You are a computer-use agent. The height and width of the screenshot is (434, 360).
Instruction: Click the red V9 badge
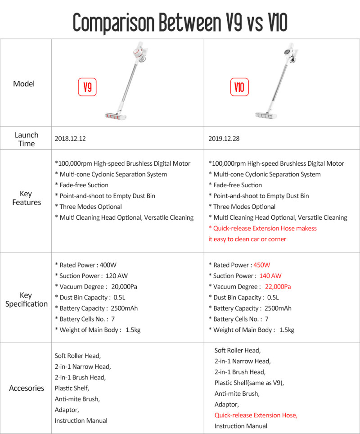tap(88, 87)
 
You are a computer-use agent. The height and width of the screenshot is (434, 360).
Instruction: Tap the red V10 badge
tap(239, 87)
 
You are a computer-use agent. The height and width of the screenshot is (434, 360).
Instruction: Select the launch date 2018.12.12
tap(70, 139)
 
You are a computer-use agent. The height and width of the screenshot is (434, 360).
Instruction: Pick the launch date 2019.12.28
tap(224, 139)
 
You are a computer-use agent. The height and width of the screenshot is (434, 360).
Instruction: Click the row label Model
tap(24, 84)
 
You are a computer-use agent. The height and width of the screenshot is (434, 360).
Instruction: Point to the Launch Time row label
tap(27, 139)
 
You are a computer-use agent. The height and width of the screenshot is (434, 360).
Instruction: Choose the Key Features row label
tap(27, 198)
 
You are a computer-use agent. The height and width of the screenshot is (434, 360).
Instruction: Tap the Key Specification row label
tap(27, 299)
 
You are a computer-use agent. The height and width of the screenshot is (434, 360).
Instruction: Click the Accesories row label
tap(27, 388)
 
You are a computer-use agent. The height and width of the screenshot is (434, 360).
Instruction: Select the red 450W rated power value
tap(262, 265)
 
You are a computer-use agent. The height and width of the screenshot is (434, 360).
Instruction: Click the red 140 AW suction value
tap(270, 276)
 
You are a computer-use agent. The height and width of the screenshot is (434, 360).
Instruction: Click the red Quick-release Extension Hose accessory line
tap(256, 415)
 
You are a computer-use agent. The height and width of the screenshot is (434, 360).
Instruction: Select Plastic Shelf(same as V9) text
tap(249, 383)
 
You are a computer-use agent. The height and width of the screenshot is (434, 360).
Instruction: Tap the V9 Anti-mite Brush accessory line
tap(77, 399)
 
